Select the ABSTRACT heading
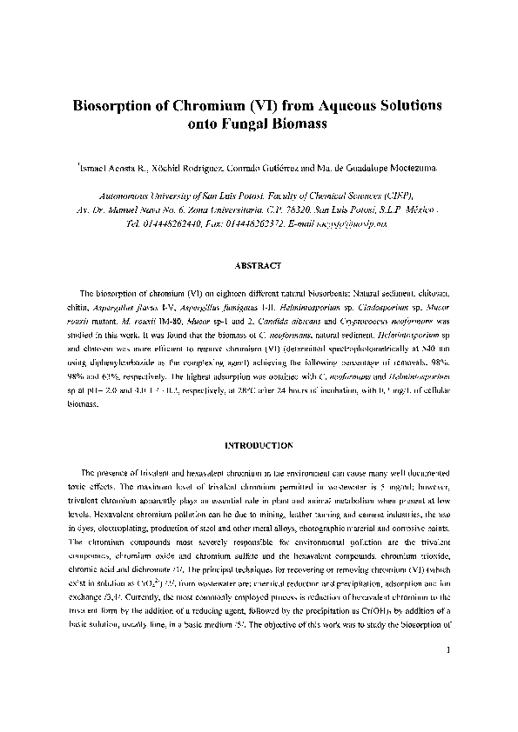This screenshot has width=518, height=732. [259, 263]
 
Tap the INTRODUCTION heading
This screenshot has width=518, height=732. [259, 445]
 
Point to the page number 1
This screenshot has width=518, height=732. [446, 675]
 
